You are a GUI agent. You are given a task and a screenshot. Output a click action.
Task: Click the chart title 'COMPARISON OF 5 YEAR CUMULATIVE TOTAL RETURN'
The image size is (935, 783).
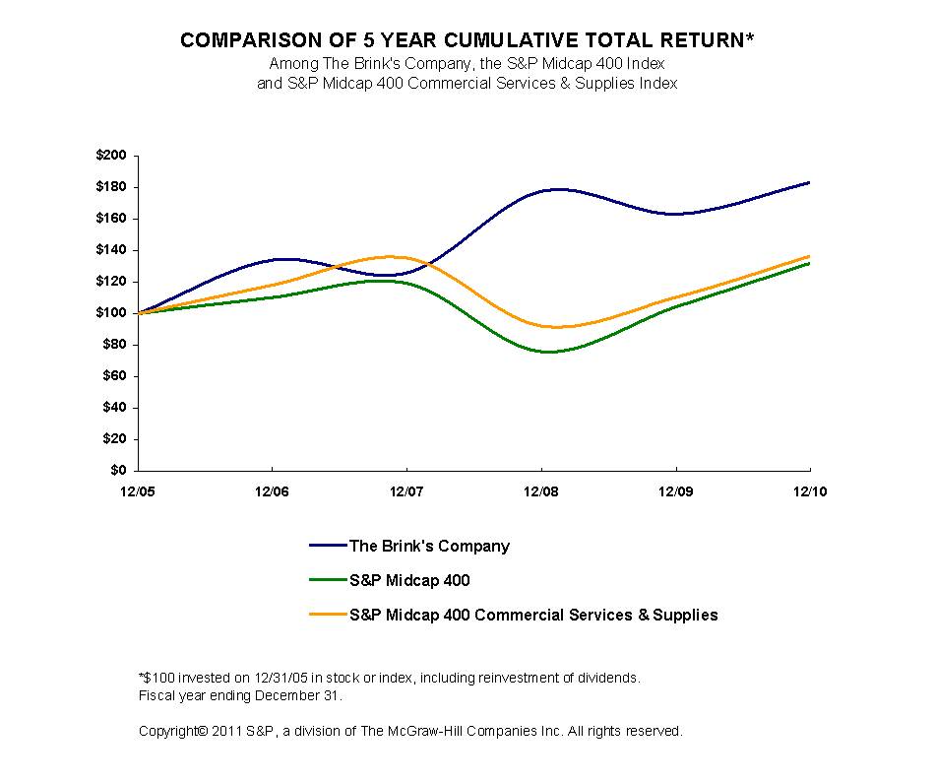pos(467,41)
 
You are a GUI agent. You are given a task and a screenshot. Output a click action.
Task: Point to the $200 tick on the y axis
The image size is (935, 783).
pos(112,156)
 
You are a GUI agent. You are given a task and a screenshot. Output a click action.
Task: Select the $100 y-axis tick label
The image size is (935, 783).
pos(112,313)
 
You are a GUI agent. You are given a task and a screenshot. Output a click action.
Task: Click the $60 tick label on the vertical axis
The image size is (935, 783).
pos(116,376)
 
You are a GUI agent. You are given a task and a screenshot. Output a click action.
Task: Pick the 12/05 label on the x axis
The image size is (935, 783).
pos(138,489)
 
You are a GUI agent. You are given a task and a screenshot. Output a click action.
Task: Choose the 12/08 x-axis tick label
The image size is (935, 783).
pos(540,489)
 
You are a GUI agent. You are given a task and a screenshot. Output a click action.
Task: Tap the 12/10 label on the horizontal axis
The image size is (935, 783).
pos(809,489)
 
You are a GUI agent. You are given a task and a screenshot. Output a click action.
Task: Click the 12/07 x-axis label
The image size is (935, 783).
pos(406,489)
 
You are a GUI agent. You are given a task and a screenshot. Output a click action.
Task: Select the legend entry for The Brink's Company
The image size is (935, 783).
pos(429,546)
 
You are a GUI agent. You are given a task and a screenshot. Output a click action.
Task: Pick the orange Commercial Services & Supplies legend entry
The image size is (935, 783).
pos(532,615)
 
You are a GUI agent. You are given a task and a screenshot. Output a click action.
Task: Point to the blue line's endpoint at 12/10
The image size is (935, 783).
pos(809,182)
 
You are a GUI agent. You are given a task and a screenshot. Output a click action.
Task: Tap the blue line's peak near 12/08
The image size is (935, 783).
pos(556,189)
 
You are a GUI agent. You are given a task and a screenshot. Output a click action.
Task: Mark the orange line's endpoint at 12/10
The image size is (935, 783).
pos(809,256)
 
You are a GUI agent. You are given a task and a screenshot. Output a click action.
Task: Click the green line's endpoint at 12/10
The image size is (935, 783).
pos(809,263)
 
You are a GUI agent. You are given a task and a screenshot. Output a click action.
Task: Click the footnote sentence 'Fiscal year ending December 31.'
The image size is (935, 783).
pos(240,695)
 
